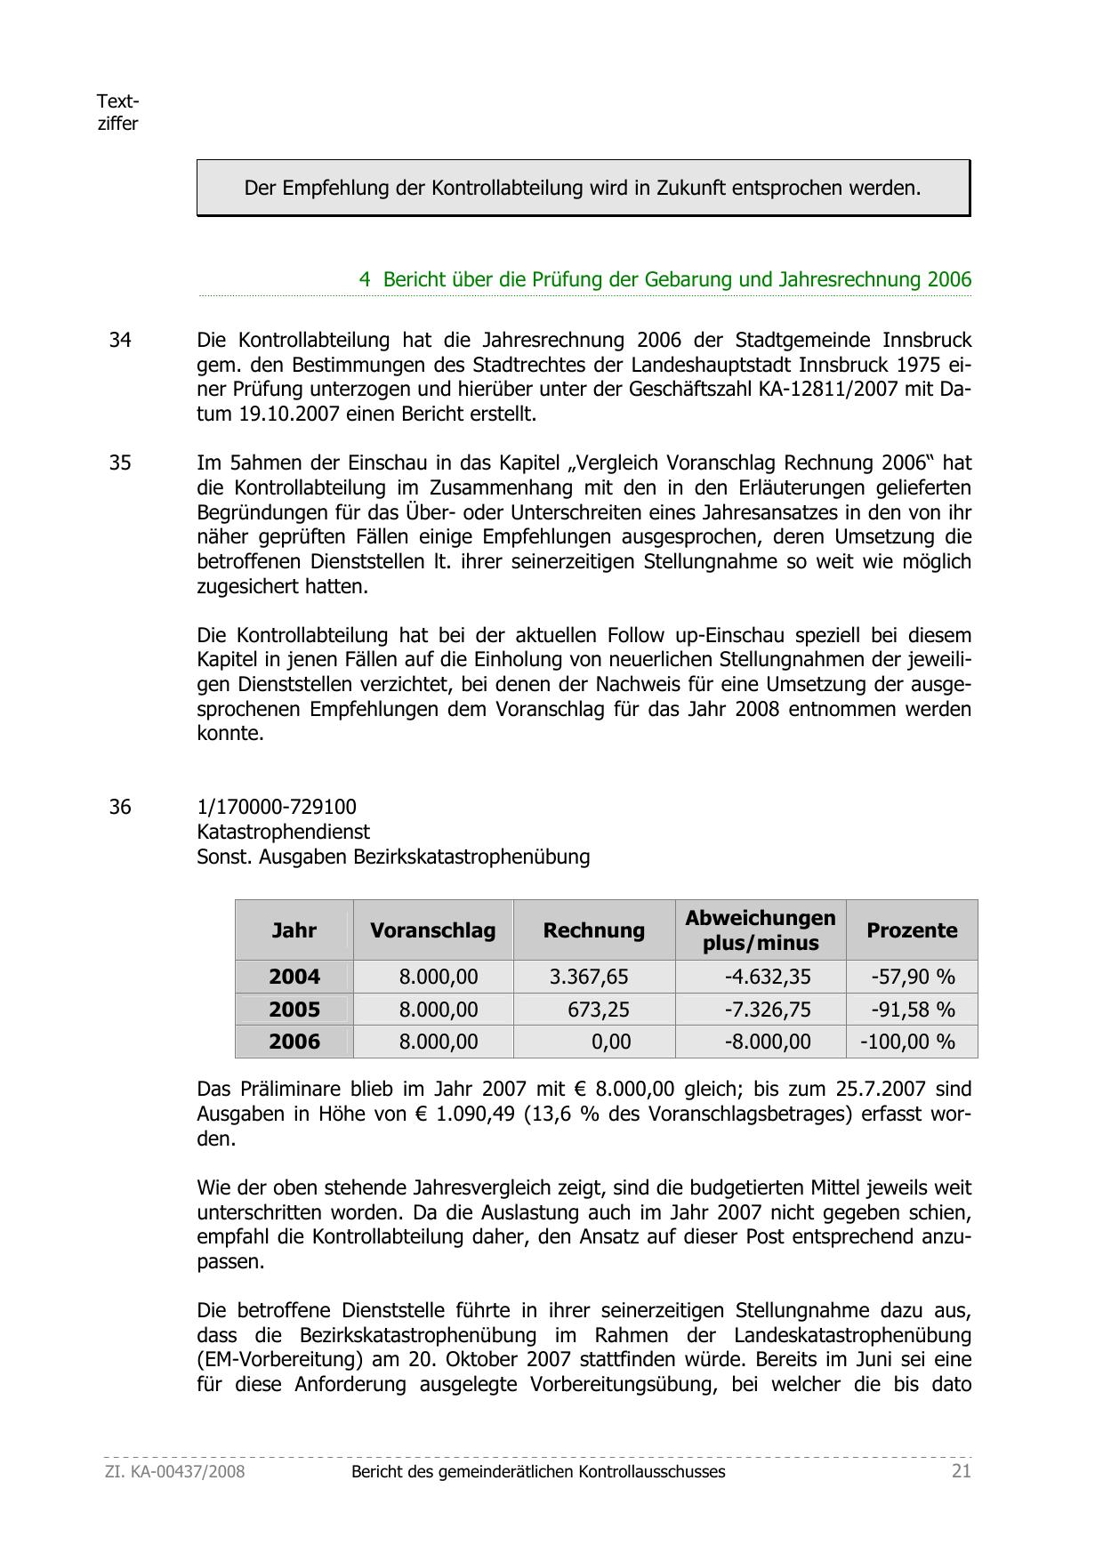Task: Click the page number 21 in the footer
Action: coord(961,1471)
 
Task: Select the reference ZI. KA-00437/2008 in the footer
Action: coord(174,1471)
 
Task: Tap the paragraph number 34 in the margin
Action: coord(120,340)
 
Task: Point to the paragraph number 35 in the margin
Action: coord(120,463)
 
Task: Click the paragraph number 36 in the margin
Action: coord(120,807)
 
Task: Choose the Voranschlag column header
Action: coord(432,930)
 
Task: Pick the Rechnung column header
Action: coord(593,930)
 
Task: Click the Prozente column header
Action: coord(912,930)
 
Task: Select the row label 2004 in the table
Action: coord(294,977)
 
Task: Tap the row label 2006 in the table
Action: coord(294,1042)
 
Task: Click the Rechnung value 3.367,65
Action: coord(589,977)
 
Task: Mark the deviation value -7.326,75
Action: coord(768,1010)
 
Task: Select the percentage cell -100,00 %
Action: coord(907,1042)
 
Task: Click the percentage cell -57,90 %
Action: coord(913,977)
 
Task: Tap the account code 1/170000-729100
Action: coord(277,807)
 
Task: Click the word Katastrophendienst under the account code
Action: coord(283,832)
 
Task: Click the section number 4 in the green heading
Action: coord(365,279)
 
